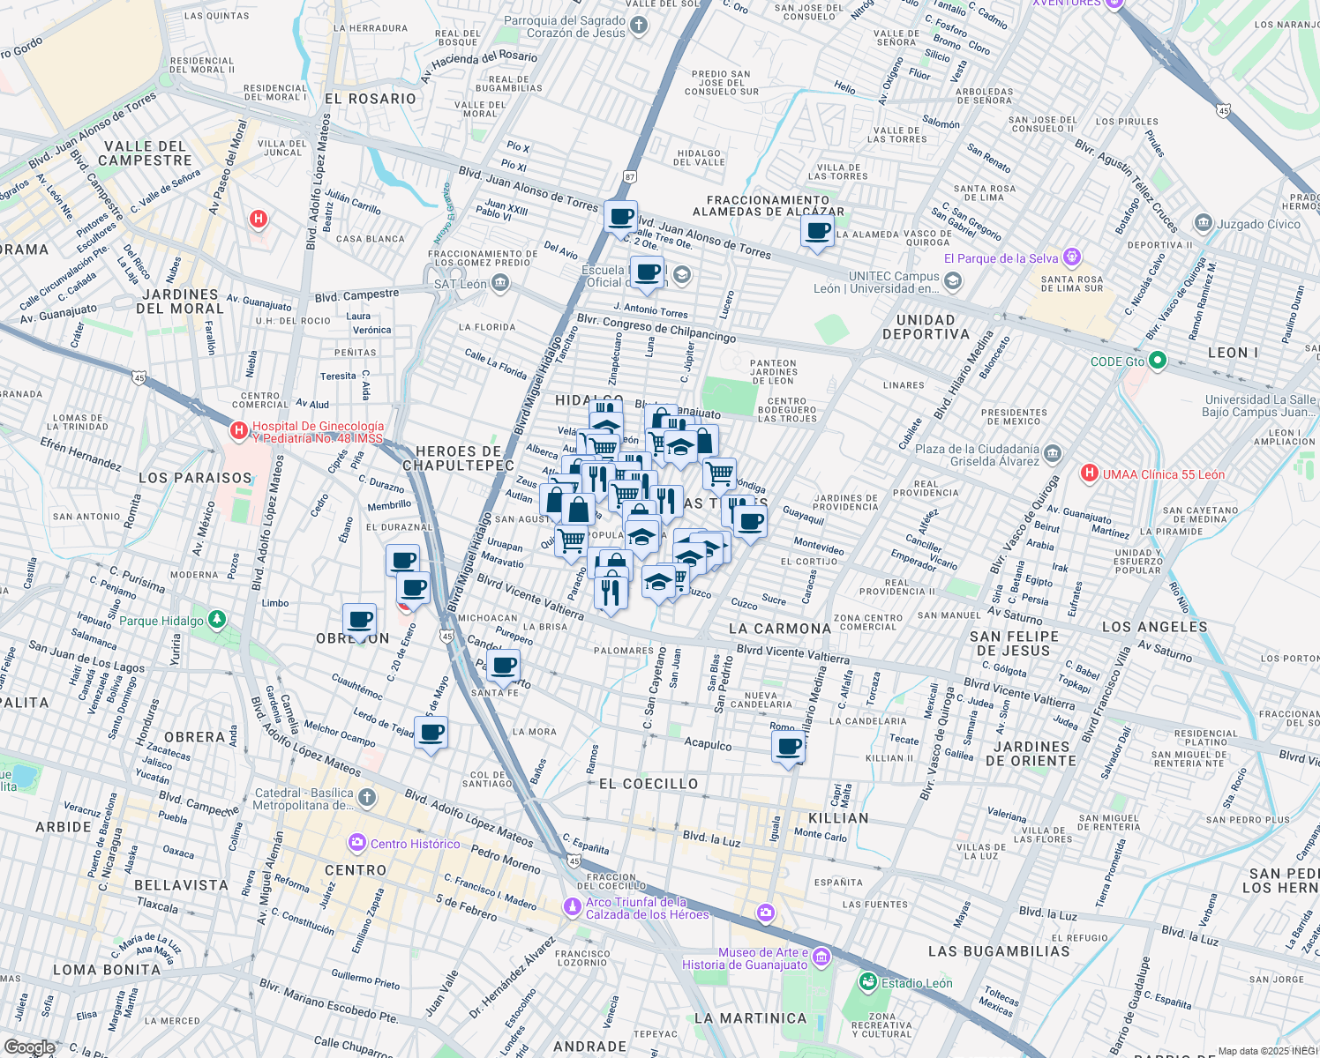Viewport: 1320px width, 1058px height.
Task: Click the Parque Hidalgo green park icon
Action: (x=217, y=620)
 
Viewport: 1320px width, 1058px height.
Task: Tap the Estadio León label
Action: (x=917, y=983)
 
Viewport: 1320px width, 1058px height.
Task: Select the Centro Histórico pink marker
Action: (x=356, y=844)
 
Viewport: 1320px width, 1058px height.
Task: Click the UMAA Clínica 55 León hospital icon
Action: (x=1090, y=474)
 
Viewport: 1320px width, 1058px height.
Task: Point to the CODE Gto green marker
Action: (x=1158, y=361)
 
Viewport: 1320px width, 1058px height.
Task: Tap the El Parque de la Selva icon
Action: (x=1072, y=257)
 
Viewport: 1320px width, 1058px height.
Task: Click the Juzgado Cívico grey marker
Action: (x=1203, y=223)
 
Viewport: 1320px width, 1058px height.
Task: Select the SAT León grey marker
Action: (x=500, y=283)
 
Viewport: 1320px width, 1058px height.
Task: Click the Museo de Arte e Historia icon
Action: (x=821, y=957)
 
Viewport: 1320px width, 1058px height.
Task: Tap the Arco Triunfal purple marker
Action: (x=574, y=906)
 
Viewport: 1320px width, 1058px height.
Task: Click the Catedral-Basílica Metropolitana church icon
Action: (x=366, y=799)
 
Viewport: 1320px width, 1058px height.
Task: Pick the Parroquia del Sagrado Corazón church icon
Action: (x=639, y=26)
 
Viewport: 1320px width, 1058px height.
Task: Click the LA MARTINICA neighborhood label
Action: (x=750, y=1018)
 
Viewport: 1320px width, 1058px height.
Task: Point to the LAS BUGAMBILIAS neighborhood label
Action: (x=999, y=951)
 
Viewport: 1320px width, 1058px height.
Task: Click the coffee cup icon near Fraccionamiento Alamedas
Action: (x=817, y=232)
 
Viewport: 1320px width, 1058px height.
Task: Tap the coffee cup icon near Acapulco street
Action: (x=788, y=748)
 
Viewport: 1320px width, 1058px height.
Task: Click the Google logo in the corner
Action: (x=30, y=1047)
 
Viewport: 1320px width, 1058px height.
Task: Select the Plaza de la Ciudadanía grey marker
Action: (x=1052, y=455)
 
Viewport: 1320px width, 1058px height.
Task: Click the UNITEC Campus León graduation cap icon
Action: (x=952, y=281)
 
